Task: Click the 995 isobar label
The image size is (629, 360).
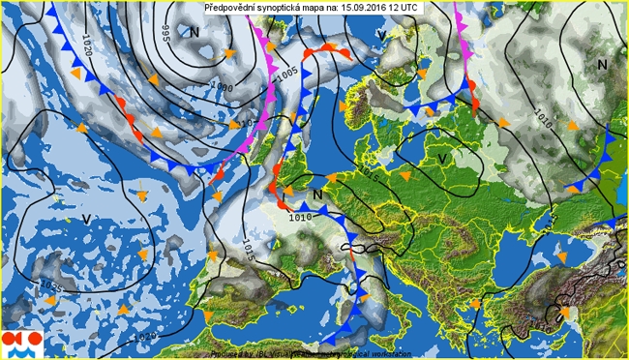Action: point(165,33)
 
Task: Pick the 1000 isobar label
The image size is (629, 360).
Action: point(222,87)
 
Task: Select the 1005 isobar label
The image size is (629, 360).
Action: point(286,74)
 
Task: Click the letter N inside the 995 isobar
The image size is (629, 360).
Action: point(195,32)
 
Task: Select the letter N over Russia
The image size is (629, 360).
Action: point(602,64)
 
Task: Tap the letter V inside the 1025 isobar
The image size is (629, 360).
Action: point(86,220)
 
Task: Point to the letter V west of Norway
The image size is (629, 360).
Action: point(381,36)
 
